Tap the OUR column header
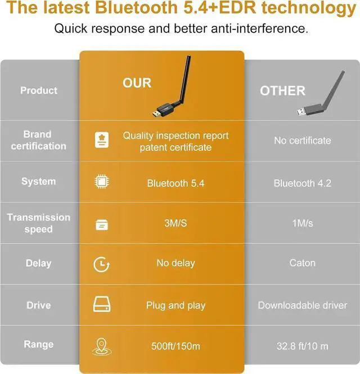coord(137,83)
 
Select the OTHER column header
coord(282,91)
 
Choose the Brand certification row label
coord(37,140)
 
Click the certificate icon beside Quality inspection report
coord(102,141)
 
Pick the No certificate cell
coord(302,141)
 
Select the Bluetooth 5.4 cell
coord(175,183)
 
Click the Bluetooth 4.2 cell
coord(302,183)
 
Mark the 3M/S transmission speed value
coord(175,223)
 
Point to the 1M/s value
coord(302,223)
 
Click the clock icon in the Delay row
coord(102,264)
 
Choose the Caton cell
coord(302,263)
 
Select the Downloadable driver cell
coord(302,305)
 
